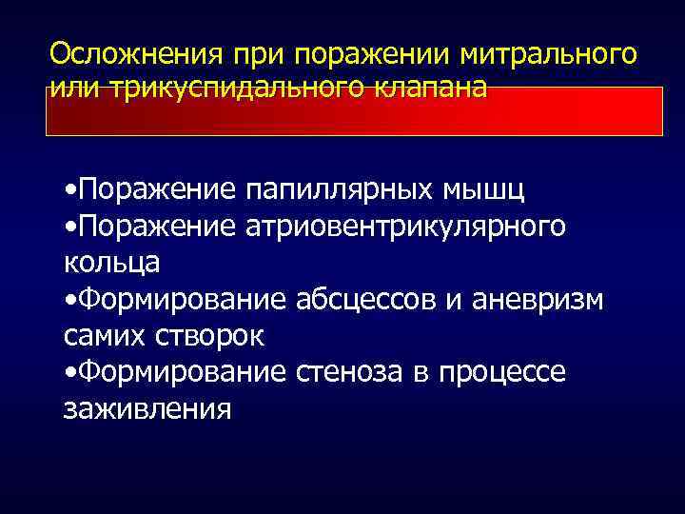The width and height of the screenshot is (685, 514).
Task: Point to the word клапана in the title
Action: [429, 88]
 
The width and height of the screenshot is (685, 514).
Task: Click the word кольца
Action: [111, 263]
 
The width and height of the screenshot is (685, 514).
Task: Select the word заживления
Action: [147, 407]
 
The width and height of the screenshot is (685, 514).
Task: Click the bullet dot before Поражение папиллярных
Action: [71, 191]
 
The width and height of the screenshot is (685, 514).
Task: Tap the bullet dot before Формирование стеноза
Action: [71, 372]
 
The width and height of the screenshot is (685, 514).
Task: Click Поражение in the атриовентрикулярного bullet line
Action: [157, 227]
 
